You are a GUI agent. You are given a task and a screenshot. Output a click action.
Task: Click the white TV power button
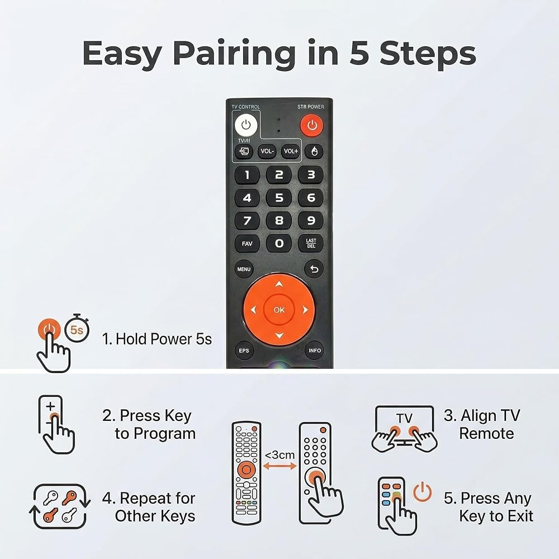click(x=246, y=125)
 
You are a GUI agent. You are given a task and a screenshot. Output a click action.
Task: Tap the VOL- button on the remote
click(x=267, y=151)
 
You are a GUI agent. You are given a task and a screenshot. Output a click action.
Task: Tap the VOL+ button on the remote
click(x=291, y=151)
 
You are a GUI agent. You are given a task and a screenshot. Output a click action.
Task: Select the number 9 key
click(x=311, y=220)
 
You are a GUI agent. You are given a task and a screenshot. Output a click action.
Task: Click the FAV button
click(x=247, y=244)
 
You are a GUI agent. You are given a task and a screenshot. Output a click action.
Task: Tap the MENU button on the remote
click(x=244, y=269)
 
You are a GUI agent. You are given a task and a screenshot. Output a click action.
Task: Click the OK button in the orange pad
click(x=279, y=310)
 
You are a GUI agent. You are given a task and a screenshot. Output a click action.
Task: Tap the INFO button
click(x=314, y=350)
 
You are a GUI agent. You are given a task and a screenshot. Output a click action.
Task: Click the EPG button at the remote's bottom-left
click(x=244, y=350)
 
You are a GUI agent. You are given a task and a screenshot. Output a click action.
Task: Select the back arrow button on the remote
click(x=314, y=269)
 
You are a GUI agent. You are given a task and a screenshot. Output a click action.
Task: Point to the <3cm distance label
click(x=280, y=455)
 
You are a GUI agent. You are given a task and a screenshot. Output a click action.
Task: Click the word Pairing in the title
click(x=234, y=54)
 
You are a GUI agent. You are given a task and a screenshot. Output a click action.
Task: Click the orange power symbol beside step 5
click(x=423, y=491)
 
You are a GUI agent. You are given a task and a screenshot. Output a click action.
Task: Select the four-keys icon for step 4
click(x=60, y=506)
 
